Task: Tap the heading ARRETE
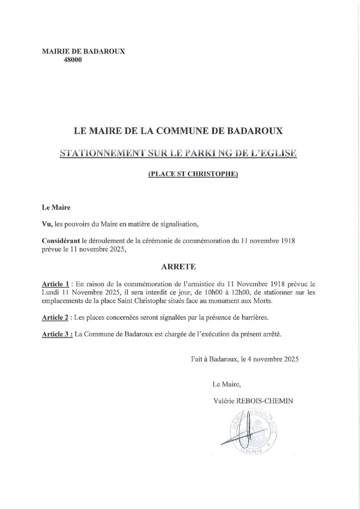[179, 266]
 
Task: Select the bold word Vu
[47, 224]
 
